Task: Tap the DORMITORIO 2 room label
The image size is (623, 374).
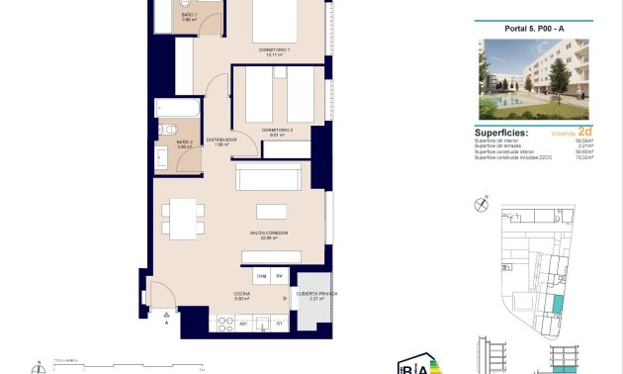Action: coord(278,132)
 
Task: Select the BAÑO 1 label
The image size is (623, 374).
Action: coord(190,17)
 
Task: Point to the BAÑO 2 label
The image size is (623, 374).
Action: coord(183,145)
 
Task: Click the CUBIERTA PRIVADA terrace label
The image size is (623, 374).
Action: coord(316,295)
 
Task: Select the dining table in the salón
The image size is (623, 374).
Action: coord(179,217)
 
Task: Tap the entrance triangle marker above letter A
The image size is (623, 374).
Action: coord(166,313)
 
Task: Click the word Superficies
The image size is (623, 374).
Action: coord(501,132)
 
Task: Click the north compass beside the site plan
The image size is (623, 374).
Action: coord(481,205)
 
